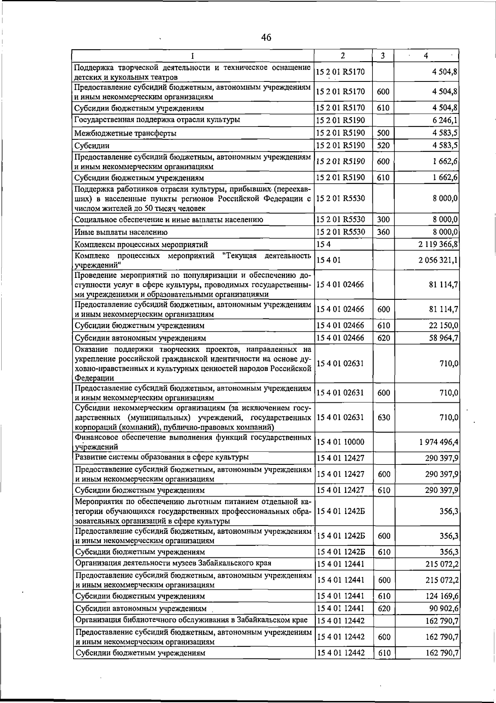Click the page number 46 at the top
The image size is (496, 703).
(x=266, y=38)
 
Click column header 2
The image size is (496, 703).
(x=343, y=55)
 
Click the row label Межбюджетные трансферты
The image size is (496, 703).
(x=125, y=133)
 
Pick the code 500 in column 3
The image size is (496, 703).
(x=383, y=133)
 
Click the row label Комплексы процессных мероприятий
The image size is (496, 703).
(x=141, y=244)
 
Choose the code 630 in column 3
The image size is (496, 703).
(x=384, y=418)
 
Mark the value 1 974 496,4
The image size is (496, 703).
(x=438, y=442)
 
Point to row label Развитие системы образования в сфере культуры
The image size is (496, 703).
(x=162, y=457)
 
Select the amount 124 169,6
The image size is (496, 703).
(x=441, y=596)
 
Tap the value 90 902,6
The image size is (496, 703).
(x=442, y=608)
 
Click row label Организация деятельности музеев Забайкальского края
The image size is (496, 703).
(x=173, y=563)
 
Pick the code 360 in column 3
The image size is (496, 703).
(x=383, y=232)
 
